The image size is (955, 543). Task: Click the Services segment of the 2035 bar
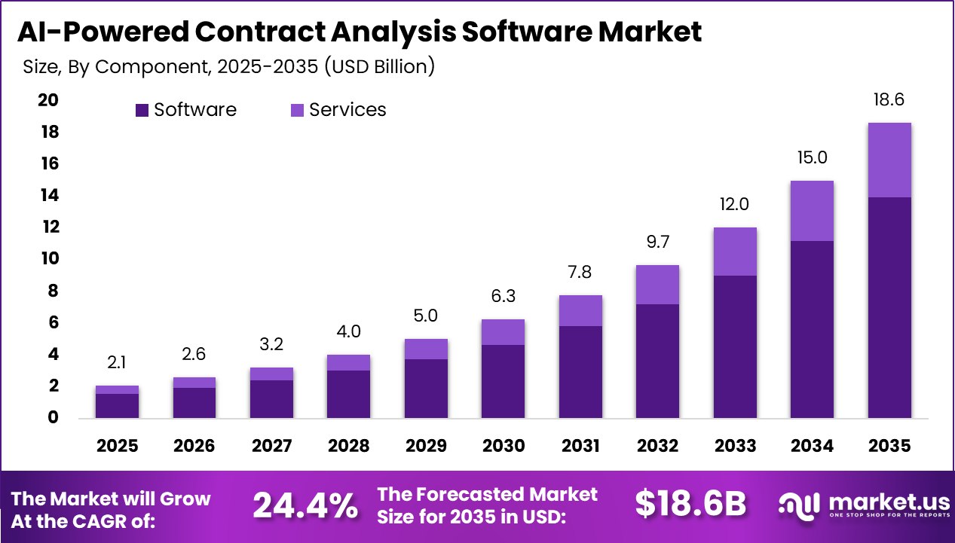click(x=889, y=160)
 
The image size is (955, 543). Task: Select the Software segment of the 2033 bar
click(x=735, y=346)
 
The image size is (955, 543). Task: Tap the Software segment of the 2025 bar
click(x=117, y=405)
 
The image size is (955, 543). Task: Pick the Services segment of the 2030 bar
click(x=504, y=332)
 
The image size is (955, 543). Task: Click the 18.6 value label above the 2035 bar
click(x=889, y=100)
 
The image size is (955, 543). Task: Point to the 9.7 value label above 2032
click(x=657, y=242)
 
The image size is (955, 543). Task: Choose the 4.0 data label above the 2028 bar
click(x=348, y=332)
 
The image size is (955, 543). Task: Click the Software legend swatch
click(x=142, y=110)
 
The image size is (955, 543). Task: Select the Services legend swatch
click(x=297, y=110)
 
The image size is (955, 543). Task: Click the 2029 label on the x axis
click(x=426, y=446)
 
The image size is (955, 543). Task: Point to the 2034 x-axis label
click(x=813, y=446)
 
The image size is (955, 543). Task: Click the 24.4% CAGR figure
click(x=305, y=505)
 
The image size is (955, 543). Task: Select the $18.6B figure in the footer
click(x=690, y=505)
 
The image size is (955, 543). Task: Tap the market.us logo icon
click(x=800, y=505)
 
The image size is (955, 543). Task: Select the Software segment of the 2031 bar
click(x=580, y=371)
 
